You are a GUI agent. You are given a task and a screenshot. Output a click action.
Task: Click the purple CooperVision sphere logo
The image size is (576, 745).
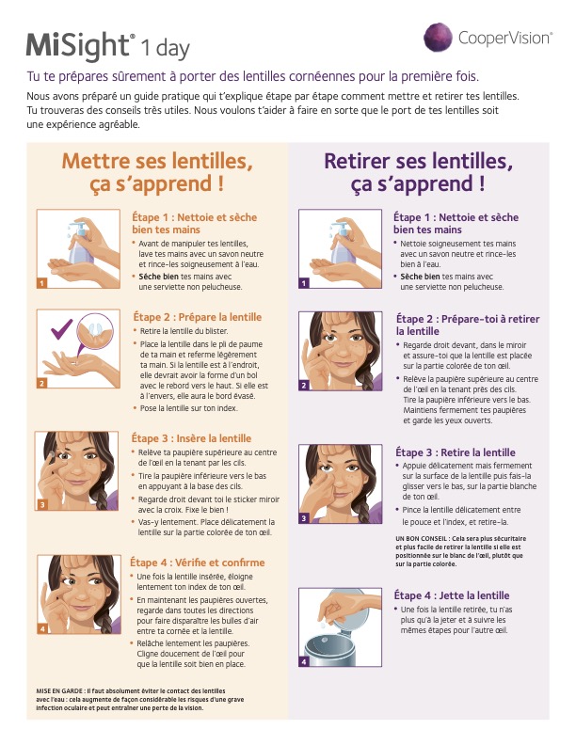pos(438,37)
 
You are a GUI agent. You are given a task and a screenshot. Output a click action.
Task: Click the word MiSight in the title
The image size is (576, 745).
pos(78,45)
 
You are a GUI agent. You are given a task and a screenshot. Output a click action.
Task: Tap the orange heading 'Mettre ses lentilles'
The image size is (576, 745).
pos(157,161)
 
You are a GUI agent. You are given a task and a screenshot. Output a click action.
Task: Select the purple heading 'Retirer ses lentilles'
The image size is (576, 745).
pos(418,161)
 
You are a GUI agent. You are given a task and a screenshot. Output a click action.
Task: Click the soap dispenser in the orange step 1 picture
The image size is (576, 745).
pos(81,243)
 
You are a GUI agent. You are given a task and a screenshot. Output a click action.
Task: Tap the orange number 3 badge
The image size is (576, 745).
pos(42,504)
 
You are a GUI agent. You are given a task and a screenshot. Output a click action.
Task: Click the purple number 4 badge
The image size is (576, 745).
pos(304,661)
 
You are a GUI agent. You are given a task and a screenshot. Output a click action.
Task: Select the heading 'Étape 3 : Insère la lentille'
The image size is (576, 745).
pos(191,438)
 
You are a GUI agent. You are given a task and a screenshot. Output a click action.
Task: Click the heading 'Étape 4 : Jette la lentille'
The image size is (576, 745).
pos(452,595)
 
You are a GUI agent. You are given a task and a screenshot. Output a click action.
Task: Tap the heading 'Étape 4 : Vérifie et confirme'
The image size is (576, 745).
pos(198,563)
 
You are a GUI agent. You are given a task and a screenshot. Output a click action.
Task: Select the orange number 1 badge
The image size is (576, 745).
pos(42,283)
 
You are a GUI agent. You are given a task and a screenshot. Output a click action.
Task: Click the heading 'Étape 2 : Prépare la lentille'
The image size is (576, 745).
pos(198,317)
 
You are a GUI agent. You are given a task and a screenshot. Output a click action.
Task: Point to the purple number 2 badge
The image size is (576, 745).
pos(304,386)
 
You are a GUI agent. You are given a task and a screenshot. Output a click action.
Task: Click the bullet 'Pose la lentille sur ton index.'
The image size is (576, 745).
pos(188,408)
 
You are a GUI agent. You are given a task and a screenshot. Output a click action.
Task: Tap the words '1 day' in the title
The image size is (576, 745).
pos(166,48)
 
